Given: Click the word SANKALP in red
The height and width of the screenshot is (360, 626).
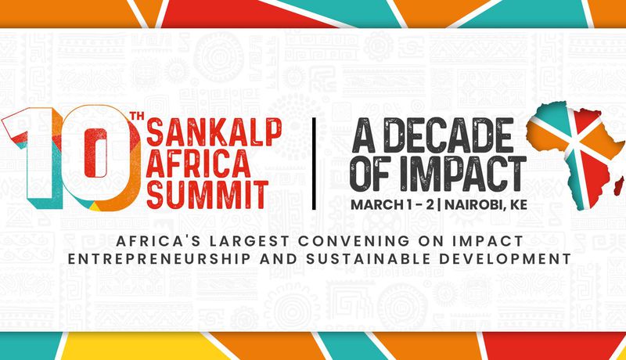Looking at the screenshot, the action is [214, 131].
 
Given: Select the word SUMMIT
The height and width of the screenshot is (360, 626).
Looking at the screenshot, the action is [207, 194].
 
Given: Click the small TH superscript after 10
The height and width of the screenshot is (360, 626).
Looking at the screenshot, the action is [135, 117].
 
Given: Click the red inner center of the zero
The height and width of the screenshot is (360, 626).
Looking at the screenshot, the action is [95, 153].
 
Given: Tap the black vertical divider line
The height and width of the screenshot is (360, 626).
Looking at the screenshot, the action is [314, 164].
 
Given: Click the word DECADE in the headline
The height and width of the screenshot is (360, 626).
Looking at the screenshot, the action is [447, 135].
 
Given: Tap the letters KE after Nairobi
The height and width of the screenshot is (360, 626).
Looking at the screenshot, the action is [518, 204].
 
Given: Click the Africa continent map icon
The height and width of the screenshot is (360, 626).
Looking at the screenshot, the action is [575, 156].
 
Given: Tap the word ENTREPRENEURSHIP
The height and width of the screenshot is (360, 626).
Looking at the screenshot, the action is [160, 258].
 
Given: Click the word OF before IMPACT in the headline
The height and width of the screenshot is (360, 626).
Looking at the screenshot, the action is [373, 173].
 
